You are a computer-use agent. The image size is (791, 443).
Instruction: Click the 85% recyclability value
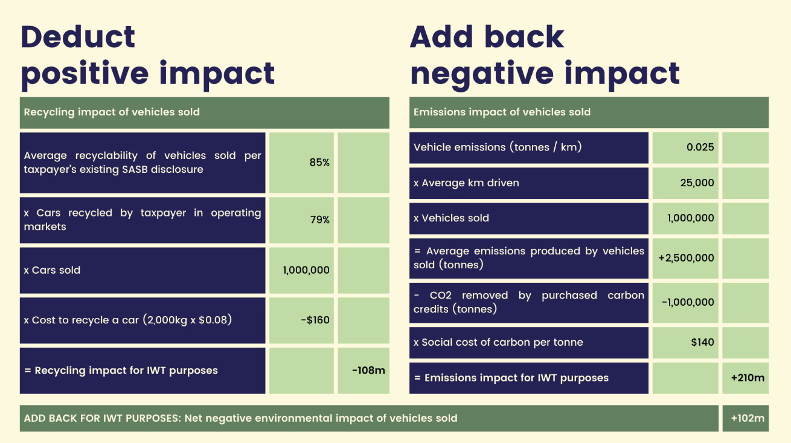319,163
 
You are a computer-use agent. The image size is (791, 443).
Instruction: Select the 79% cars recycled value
319,220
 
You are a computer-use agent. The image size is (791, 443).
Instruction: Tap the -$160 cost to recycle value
315,320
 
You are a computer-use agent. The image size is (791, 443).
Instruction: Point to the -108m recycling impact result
368,370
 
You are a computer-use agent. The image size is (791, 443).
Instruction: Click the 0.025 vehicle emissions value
700,147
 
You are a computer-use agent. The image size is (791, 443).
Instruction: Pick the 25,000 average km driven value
697,183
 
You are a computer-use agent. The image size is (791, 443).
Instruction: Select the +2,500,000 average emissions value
686,258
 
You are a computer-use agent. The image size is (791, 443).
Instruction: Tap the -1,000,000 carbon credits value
688,302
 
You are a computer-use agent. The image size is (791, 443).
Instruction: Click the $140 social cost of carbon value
702,342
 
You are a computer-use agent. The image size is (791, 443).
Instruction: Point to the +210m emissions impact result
747,378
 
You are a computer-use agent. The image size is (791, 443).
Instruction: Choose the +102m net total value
747,418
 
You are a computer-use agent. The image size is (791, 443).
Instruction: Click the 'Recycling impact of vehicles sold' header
112,112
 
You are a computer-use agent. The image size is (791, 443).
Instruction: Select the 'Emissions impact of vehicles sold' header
502,112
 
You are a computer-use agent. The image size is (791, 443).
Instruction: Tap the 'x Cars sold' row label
52,270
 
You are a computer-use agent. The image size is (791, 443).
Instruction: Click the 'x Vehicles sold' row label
451,218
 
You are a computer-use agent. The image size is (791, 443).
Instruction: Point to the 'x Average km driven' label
466,183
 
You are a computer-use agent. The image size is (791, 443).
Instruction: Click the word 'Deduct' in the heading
78,37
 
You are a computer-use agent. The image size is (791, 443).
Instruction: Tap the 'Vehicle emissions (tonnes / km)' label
497,147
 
